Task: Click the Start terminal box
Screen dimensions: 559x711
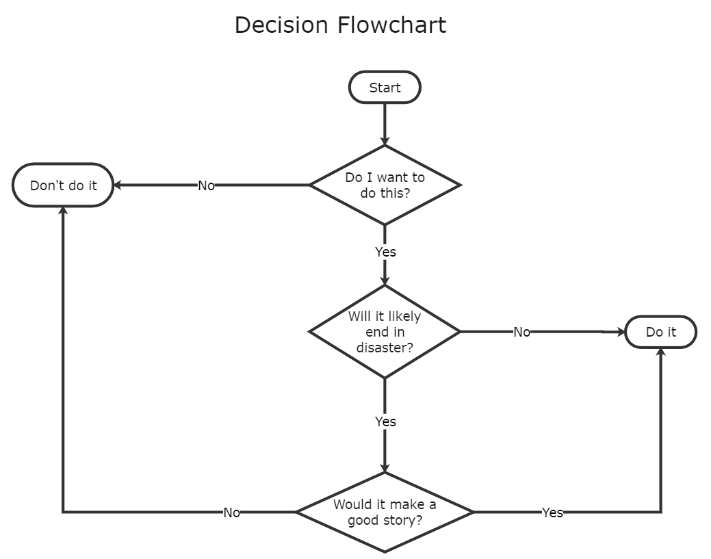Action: pyautogui.click(x=385, y=88)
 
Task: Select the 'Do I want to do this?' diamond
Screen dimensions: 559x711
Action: pyautogui.click(x=385, y=185)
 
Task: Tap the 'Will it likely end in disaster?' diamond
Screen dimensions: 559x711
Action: pyautogui.click(x=385, y=332)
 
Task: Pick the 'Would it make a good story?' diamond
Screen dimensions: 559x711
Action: pyautogui.click(x=385, y=512)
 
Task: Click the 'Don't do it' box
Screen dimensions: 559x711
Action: pyautogui.click(x=63, y=185)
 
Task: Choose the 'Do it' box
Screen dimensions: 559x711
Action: pyautogui.click(x=661, y=332)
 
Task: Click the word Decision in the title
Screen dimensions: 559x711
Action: pyautogui.click(x=281, y=25)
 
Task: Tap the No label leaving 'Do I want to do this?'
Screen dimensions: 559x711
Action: pyautogui.click(x=206, y=185)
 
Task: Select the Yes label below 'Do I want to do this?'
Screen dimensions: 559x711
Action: pyautogui.click(x=385, y=252)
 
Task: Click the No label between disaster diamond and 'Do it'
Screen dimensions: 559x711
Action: pyautogui.click(x=521, y=332)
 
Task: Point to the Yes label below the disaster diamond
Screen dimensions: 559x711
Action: pyautogui.click(x=385, y=421)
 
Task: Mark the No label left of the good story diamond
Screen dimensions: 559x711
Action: pyautogui.click(x=231, y=512)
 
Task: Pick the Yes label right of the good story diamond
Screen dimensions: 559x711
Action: pyautogui.click(x=552, y=512)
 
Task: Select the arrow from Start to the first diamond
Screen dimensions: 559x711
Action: pyautogui.click(x=385, y=123)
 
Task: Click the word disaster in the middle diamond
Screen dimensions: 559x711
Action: pyautogui.click(x=385, y=348)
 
